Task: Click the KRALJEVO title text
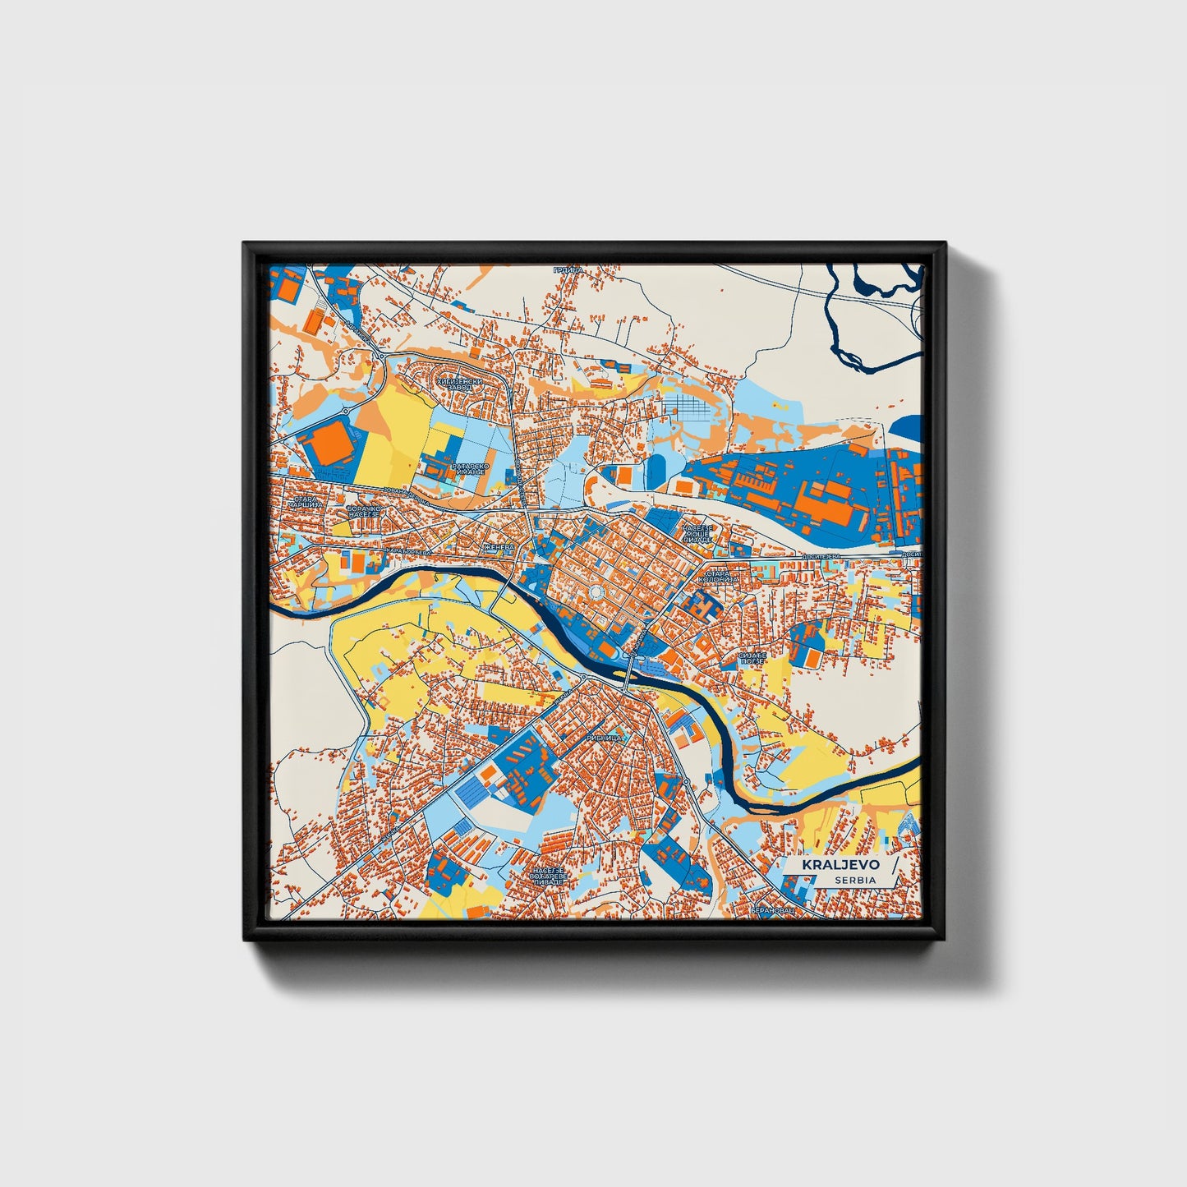[831, 865]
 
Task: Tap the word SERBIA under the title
[854, 880]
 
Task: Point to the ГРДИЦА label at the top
[568, 269]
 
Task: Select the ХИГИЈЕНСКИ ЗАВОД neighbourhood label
[467, 384]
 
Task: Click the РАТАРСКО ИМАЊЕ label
[470, 469]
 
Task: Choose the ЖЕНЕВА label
[498, 546]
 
